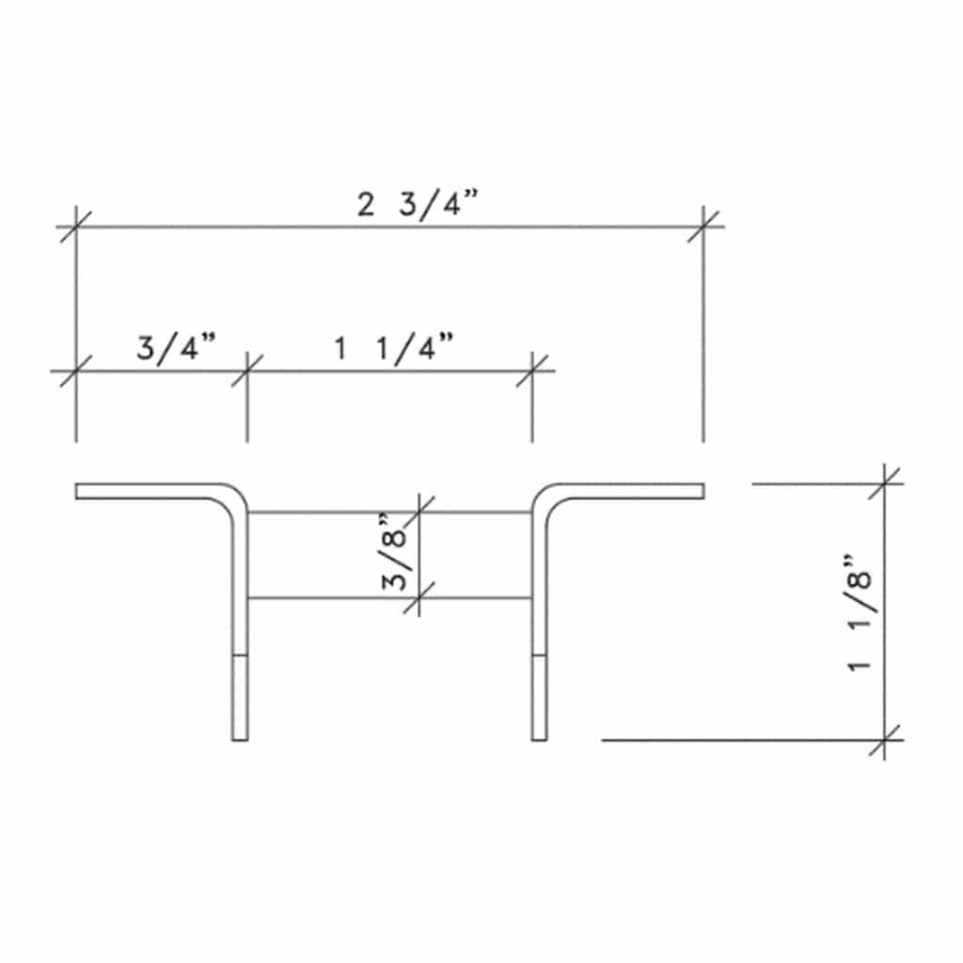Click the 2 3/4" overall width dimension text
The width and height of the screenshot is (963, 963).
[x=418, y=205]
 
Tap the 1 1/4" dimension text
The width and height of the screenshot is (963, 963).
[x=395, y=349]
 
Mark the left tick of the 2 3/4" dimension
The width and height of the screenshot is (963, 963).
[x=75, y=227]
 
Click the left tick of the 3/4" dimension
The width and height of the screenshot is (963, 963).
[x=75, y=371]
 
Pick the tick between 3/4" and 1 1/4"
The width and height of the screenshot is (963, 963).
[x=247, y=371]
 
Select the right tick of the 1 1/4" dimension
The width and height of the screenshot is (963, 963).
[x=532, y=371]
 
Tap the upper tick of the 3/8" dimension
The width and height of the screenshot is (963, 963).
[x=418, y=513]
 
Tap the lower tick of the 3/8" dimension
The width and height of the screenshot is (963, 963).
[x=418, y=597]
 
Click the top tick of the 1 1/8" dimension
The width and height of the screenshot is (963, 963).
[x=885, y=483]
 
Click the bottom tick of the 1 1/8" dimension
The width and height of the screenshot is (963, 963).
[x=885, y=740]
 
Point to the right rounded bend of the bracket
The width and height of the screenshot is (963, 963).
[x=547, y=497]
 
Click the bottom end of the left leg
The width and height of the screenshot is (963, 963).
[x=240, y=739]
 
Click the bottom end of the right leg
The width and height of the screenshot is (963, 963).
[x=539, y=739]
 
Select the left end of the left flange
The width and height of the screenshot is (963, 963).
[x=77, y=491]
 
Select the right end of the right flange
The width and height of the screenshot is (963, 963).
[x=703, y=491]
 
